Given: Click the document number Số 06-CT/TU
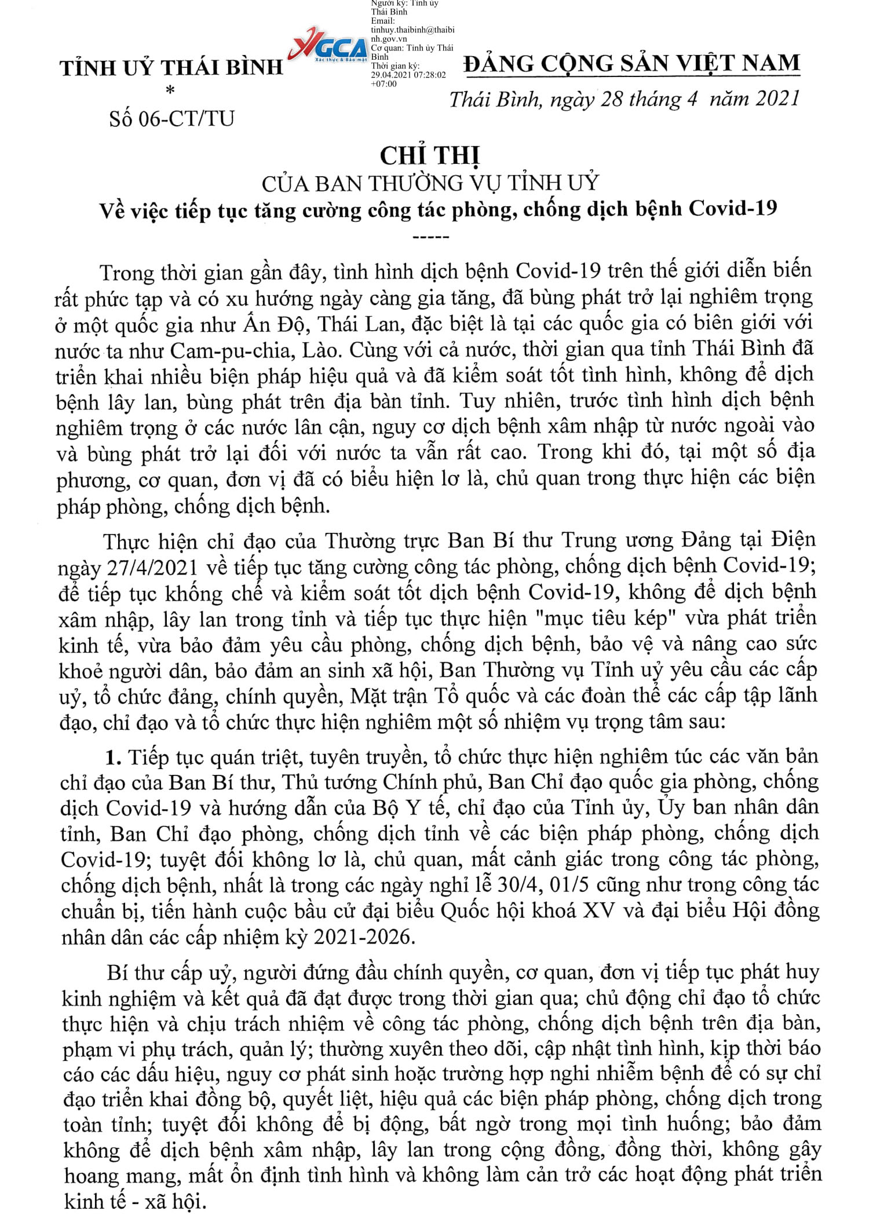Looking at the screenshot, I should click(171, 119).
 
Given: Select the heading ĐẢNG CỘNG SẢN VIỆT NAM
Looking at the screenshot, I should click(631, 63).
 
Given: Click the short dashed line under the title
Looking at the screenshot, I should click(430, 237).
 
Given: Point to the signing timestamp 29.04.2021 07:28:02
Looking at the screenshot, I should click(408, 75).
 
